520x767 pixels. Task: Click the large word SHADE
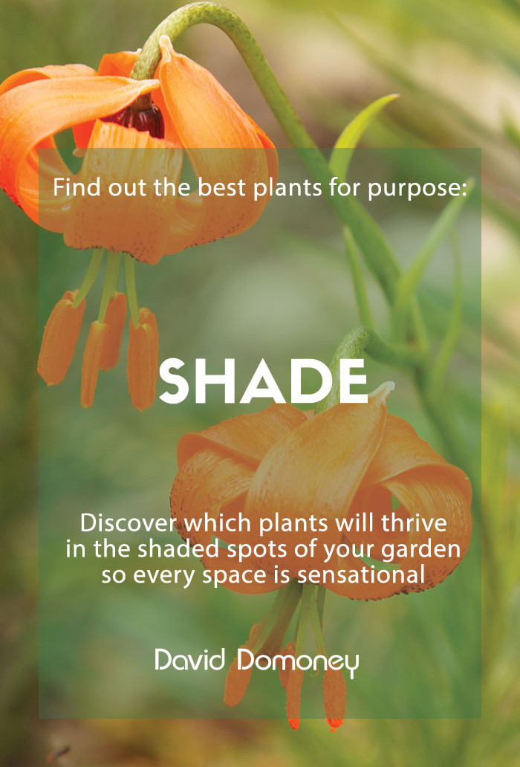263,381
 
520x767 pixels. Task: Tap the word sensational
361,575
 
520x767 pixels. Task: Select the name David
190,660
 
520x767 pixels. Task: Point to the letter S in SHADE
174,381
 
